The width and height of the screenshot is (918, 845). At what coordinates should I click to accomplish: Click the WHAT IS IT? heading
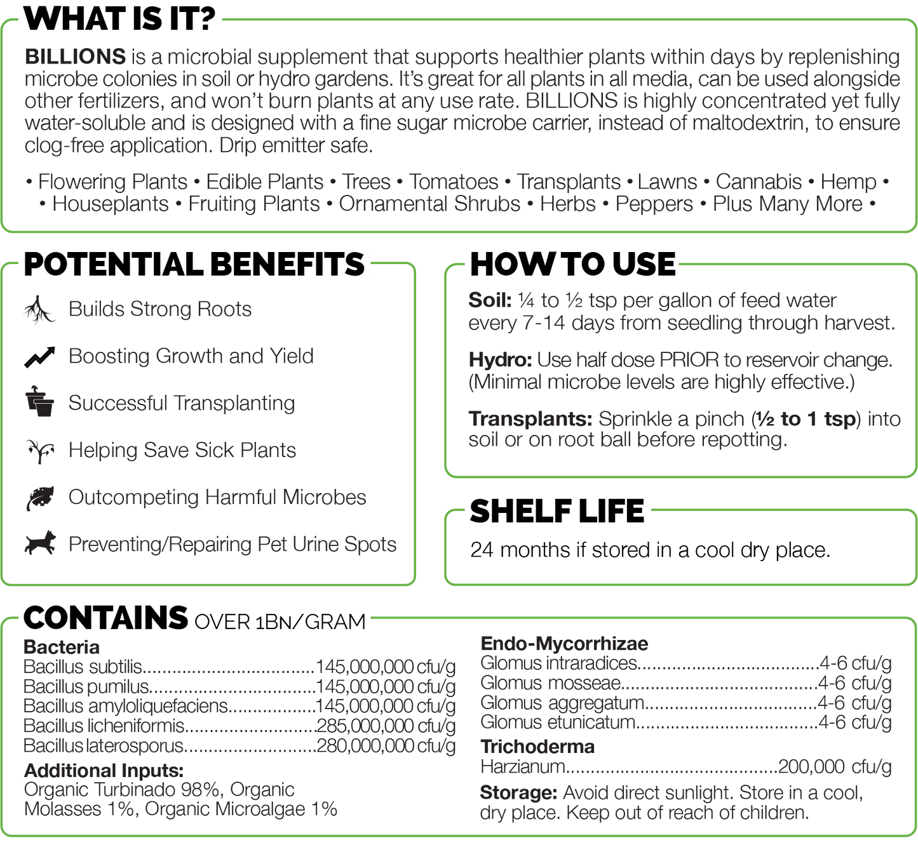point(119,19)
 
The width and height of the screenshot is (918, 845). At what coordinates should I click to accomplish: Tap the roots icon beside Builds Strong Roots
point(39,310)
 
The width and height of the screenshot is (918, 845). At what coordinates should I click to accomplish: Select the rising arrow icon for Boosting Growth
point(39,357)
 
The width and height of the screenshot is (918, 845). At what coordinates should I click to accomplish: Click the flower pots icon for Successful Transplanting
point(40,401)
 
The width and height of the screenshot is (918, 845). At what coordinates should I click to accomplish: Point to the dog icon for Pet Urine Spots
point(40,543)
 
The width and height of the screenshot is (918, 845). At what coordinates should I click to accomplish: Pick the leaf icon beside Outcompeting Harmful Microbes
point(40,498)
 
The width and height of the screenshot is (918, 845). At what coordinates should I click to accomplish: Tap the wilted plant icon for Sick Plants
point(40,451)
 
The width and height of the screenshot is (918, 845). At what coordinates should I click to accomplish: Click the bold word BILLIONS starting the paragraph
point(75,57)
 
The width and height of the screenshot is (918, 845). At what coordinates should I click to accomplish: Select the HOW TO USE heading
point(572,264)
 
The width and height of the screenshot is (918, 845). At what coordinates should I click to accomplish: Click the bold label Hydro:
point(500,360)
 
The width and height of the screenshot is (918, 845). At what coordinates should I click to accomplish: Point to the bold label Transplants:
point(530,418)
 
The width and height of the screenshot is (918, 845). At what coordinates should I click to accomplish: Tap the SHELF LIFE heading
point(557,511)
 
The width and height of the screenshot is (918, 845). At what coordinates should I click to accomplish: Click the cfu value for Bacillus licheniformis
point(386,726)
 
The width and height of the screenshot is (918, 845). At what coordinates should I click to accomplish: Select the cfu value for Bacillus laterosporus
point(386,746)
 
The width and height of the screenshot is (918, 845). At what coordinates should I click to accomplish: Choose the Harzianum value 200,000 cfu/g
point(835,766)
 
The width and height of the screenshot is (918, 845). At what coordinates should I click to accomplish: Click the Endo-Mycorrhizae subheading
point(564,644)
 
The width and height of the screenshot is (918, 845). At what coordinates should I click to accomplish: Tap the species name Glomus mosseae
point(551,683)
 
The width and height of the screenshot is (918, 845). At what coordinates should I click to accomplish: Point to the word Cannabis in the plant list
point(759,182)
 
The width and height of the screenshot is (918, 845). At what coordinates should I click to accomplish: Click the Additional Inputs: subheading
point(104,771)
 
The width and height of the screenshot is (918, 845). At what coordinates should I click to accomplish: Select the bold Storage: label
point(518,793)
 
